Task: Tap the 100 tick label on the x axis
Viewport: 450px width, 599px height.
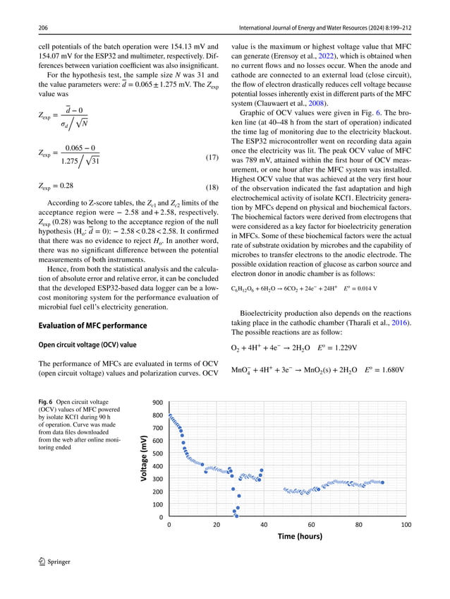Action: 406,524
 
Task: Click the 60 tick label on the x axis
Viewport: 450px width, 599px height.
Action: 311,524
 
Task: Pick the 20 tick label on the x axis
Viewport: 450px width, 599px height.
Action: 216,524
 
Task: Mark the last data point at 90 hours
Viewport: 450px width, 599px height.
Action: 383,482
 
